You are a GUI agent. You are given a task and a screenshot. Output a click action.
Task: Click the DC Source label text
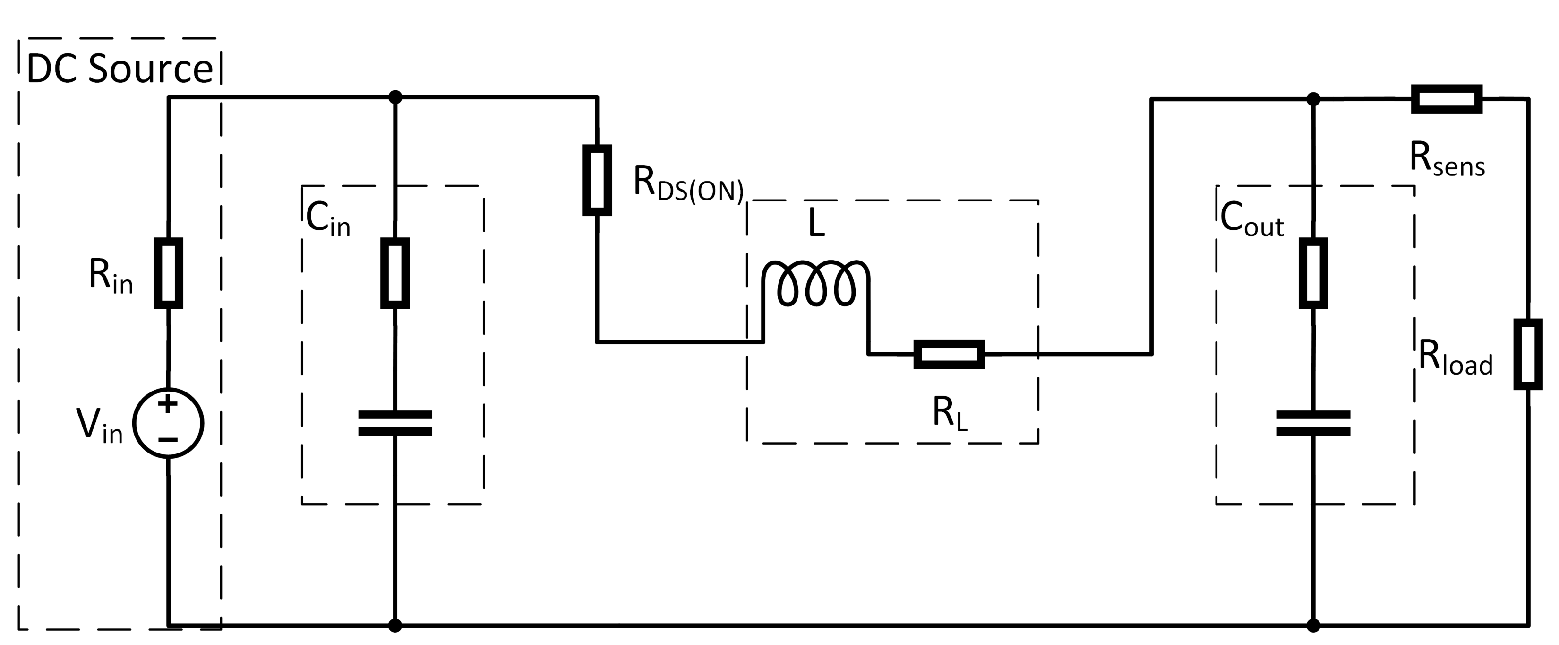120,69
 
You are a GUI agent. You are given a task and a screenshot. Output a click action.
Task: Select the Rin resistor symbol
168,273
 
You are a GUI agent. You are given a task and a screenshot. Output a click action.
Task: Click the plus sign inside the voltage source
168,404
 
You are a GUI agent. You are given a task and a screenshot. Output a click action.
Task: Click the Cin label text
327,218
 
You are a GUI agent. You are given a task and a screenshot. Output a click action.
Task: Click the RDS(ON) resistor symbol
597,180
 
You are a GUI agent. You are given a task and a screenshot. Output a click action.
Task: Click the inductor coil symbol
816,283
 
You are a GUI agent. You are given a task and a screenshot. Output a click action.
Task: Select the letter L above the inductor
816,225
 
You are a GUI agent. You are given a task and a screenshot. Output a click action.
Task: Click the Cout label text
1251,219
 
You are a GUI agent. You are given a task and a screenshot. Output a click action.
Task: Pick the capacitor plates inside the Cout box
1313,423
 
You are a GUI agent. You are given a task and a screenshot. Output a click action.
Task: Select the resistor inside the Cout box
1313,273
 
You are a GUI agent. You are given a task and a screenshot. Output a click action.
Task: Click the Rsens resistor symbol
1447,99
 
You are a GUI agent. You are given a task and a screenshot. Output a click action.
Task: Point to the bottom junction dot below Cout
1313,625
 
